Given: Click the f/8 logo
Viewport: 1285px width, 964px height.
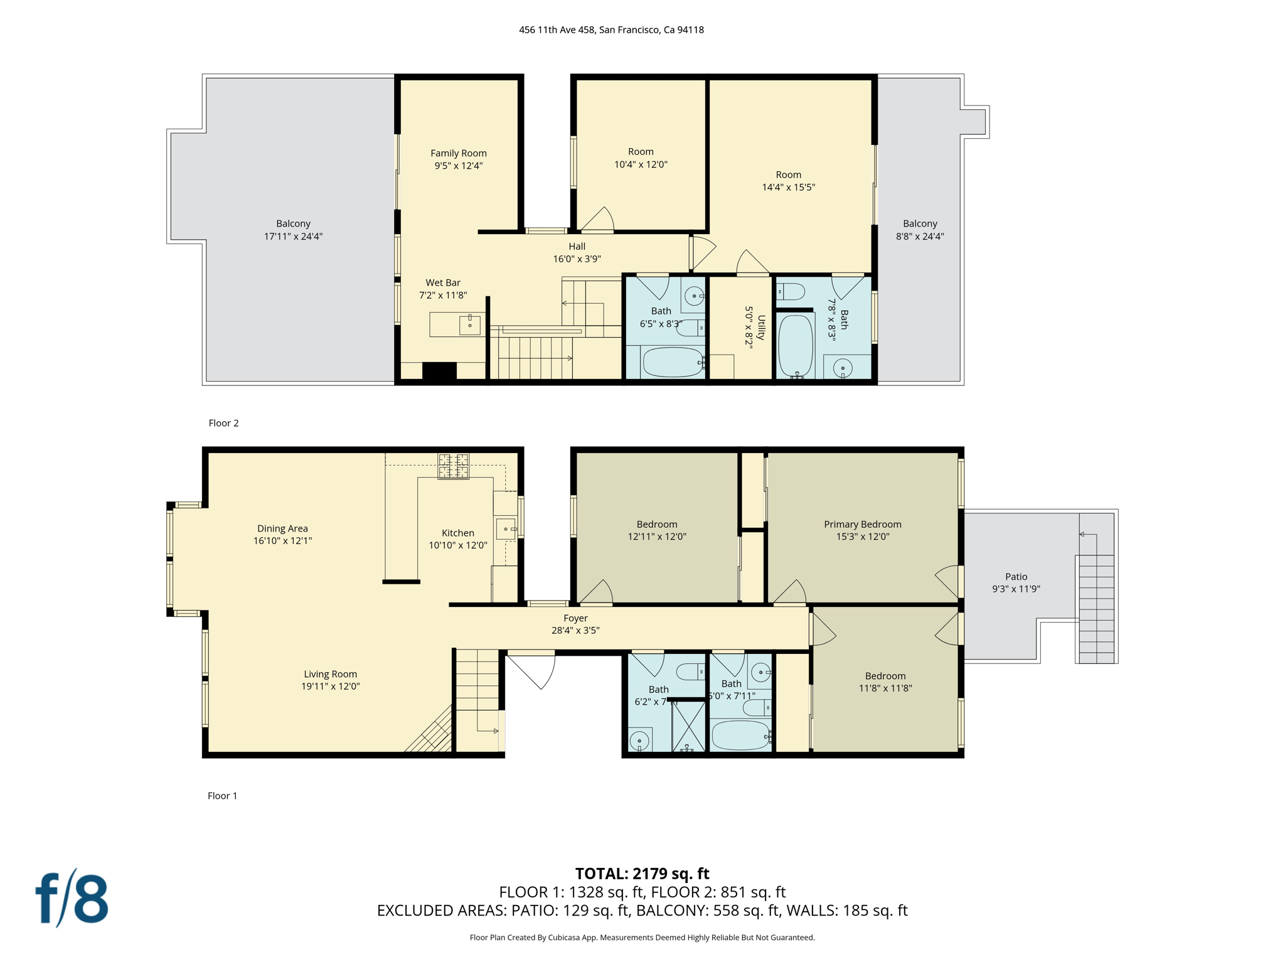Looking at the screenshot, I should click(x=72, y=898).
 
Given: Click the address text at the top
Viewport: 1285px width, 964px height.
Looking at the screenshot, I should click(x=611, y=29).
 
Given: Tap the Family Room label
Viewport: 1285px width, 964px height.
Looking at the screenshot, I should click(x=458, y=153).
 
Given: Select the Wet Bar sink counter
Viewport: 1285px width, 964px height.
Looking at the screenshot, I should click(x=457, y=324).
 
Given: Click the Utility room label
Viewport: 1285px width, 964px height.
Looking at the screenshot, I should click(x=760, y=327).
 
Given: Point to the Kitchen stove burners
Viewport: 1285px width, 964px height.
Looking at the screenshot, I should click(x=453, y=466).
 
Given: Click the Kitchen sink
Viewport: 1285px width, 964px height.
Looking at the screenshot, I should click(x=506, y=528).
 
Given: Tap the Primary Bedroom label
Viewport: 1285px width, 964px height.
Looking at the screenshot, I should click(x=862, y=524).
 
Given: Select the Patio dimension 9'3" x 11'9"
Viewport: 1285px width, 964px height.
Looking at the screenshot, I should click(x=1016, y=589).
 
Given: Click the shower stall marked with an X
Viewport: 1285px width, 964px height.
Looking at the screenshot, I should click(x=688, y=726).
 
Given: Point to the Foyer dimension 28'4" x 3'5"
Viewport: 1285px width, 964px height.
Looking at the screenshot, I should click(x=575, y=630).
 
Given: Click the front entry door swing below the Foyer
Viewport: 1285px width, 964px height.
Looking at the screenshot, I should click(x=532, y=670).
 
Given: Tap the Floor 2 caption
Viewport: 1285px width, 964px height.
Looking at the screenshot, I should click(x=223, y=423).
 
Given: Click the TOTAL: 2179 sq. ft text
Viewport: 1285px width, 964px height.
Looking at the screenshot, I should click(x=642, y=873).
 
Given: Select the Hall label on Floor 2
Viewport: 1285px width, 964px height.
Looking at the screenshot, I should click(x=577, y=246).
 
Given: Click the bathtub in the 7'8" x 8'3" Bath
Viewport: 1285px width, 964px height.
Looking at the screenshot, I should click(x=795, y=345).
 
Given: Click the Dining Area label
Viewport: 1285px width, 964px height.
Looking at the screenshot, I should click(x=282, y=528).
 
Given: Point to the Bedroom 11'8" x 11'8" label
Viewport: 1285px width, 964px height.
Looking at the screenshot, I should click(x=885, y=676).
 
